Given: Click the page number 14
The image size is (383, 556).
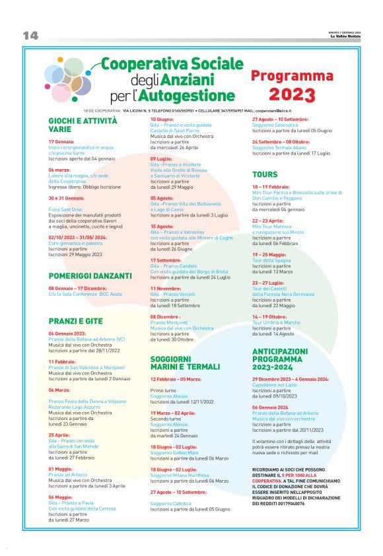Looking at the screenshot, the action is pos(31,34).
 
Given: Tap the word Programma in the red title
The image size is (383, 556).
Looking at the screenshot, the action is pos(292,76).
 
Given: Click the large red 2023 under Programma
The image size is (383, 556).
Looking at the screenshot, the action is pos(292,94).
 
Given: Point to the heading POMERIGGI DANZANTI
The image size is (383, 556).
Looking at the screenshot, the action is pos(90,275).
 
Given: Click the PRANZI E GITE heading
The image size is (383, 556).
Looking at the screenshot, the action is pos(75,321).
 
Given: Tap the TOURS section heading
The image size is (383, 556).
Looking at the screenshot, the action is pos(265,175).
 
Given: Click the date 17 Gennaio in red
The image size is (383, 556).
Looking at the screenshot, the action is pos(61,141).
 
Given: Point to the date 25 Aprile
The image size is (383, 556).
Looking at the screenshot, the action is pos(59,434).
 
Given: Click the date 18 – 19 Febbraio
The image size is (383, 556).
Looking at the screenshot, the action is pos(271,186).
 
